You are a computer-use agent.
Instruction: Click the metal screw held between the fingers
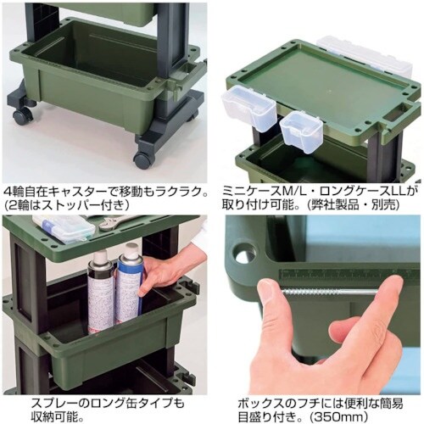click(x=328, y=291)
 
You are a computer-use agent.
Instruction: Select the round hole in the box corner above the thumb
click(x=245, y=254)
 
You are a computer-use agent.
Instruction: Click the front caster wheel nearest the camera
click(x=143, y=159)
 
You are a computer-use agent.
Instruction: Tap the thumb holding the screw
click(x=276, y=325)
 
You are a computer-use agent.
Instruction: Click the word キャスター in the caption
click(x=75, y=193)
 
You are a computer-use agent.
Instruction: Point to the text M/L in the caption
click(x=297, y=193)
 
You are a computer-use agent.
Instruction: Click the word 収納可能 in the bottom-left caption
click(x=53, y=416)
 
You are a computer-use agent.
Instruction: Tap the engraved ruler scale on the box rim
click(x=349, y=274)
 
